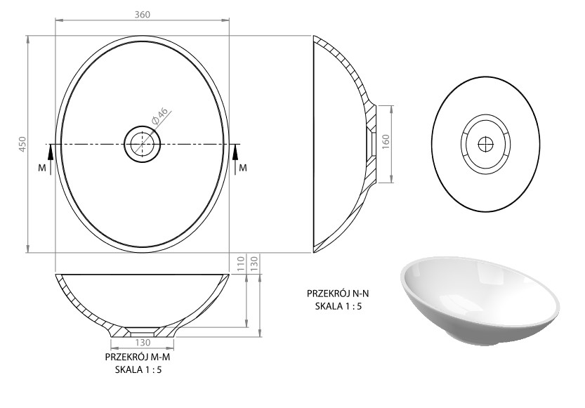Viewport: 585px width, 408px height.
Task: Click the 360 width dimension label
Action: click(142, 14)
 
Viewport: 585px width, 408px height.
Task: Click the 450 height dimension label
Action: click(22, 144)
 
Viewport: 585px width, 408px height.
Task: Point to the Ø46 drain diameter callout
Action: click(159, 116)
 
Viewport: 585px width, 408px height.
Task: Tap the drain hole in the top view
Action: click(142, 144)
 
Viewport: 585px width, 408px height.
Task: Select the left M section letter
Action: click(42, 168)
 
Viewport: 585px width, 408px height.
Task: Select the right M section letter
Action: click(243, 168)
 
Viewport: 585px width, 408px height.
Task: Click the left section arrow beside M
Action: click(51, 159)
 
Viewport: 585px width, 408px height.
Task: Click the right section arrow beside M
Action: click(235, 159)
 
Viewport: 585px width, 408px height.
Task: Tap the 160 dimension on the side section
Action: click(386, 142)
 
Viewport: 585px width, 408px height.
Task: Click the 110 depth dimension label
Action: click(241, 263)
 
